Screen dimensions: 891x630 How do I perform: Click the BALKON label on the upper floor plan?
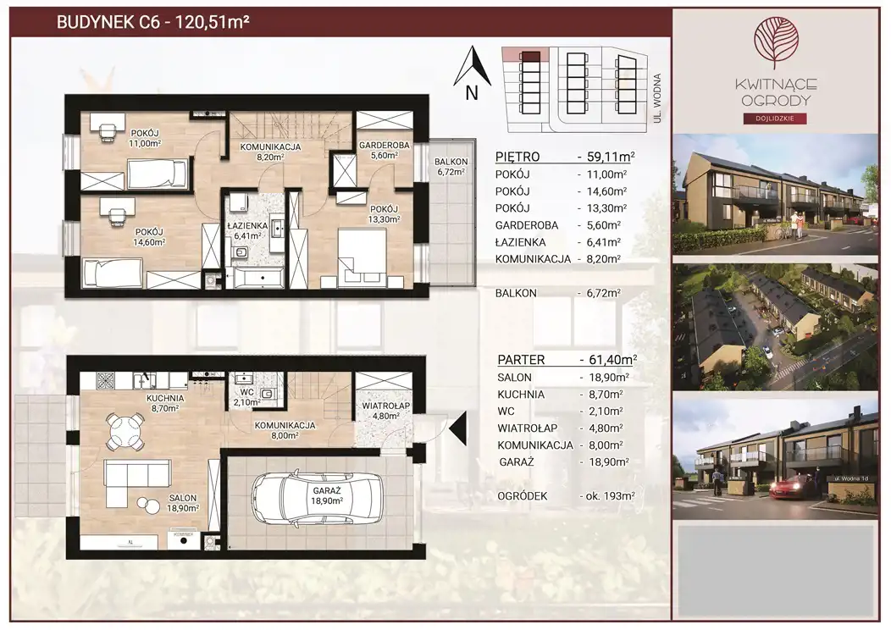click(x=451, y=162)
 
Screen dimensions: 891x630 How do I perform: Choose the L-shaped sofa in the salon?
click(x=136, y=483)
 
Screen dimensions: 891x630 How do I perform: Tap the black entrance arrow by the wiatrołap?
click(x=457, y=427)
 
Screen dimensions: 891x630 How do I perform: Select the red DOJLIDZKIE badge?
click(x=775, y=119)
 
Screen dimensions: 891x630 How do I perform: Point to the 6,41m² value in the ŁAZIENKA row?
click(x=604, y=242)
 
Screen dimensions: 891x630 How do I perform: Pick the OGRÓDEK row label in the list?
click(x=523, y=496)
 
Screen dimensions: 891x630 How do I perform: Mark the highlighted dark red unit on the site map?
click(x=531, y=56)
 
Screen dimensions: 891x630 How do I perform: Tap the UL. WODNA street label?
click(x=657, y=98)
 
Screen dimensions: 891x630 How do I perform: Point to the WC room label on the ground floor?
click(x=246, y=393)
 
